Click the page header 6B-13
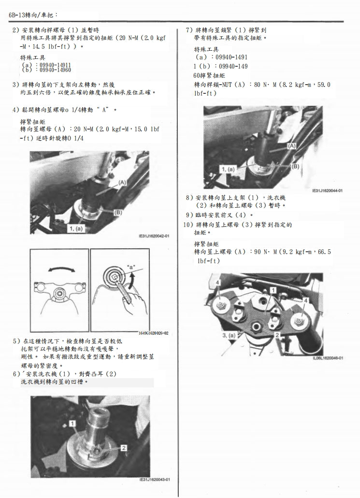tap(19, 15)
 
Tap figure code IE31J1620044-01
tap(327, 191)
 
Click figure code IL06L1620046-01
tap(327, 358)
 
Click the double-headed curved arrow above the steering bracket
tap(59, 269)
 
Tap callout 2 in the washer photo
tap(124, 448)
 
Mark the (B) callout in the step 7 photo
tap(296, 166)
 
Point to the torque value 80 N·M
tap(264, 85)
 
